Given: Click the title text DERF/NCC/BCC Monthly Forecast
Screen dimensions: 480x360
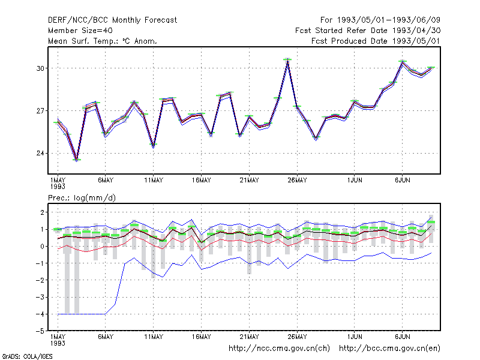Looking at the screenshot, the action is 112,20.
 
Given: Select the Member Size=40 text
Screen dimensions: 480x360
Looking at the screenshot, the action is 80,31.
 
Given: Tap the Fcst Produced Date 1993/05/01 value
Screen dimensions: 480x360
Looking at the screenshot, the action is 376,41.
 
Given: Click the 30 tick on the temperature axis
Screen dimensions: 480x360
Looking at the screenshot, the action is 40,68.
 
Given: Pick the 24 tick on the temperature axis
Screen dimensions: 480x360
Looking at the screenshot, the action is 40,153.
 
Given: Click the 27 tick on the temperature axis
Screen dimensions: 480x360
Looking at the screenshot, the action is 40,110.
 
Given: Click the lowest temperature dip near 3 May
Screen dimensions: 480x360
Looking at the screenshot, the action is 77,160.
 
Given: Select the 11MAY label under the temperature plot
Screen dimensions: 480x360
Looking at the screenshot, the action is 154,181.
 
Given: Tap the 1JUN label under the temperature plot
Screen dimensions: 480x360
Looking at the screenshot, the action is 355,181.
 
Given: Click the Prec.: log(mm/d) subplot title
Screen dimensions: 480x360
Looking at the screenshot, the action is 82,198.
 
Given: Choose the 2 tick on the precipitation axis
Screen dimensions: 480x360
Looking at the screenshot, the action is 42,212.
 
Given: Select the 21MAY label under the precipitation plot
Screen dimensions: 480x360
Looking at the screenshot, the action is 249,337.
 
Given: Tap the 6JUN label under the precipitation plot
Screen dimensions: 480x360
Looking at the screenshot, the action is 402,337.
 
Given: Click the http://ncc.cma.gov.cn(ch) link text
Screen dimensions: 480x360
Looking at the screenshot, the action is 279,349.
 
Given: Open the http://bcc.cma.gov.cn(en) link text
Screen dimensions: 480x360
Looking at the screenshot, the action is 389,349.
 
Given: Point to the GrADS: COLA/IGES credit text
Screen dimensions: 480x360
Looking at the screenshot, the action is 27,356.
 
